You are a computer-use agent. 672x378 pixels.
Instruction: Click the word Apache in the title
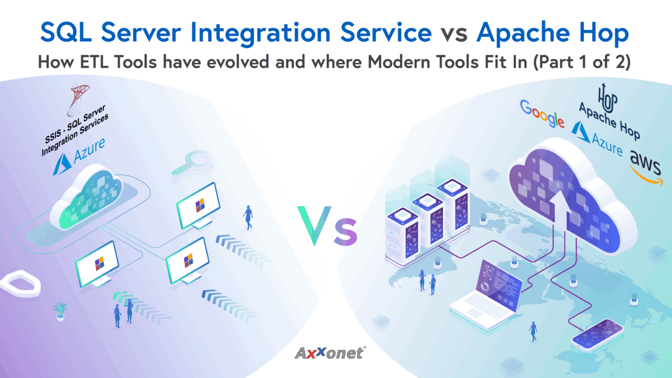[523, 33]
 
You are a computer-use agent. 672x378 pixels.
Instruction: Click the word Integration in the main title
[261, 33]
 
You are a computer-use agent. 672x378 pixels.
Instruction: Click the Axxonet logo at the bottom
[330, 353]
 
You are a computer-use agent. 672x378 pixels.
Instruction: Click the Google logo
[542, 114]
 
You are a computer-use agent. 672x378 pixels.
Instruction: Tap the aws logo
[646, 168]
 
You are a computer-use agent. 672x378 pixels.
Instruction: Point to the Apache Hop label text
[609, 121]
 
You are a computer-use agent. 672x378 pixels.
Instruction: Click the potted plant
[60, 310]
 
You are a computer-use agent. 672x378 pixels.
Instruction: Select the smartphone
[597, 335]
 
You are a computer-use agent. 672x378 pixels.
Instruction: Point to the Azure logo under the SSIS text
[79, 156]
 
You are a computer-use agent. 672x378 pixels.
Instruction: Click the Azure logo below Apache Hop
[597, 139]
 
